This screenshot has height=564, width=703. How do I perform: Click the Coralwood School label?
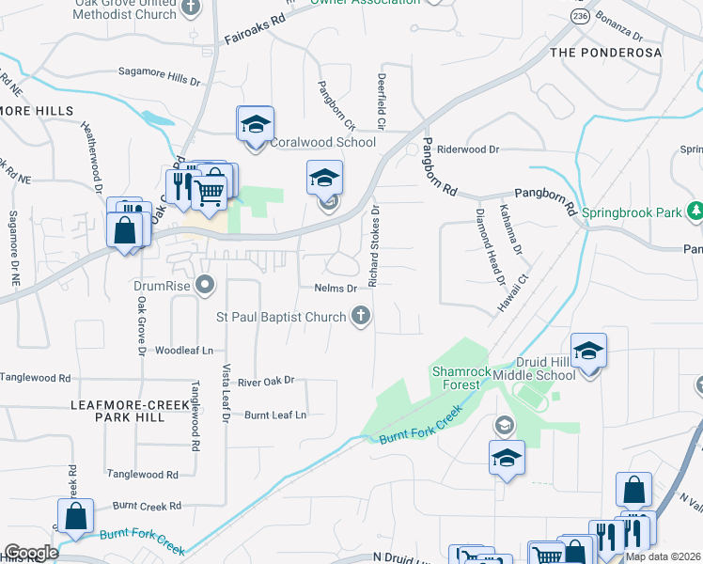click(x=322, y=142)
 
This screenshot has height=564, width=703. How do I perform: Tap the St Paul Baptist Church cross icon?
click(x=360, y=317)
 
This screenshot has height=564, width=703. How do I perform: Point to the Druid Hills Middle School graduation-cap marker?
click(x=588, y=351)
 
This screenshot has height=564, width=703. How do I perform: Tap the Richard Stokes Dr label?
click(x=374, y=246)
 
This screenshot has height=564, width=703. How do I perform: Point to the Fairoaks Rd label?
click(x=255, y=31)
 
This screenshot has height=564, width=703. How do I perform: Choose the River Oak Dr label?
click(x=266, y=381)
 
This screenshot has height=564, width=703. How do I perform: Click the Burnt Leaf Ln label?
click(x=275, y=415)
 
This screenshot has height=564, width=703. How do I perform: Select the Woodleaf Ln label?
click(x=185, y=350)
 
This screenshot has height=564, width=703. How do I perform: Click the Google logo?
click(x=31, y=553)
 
